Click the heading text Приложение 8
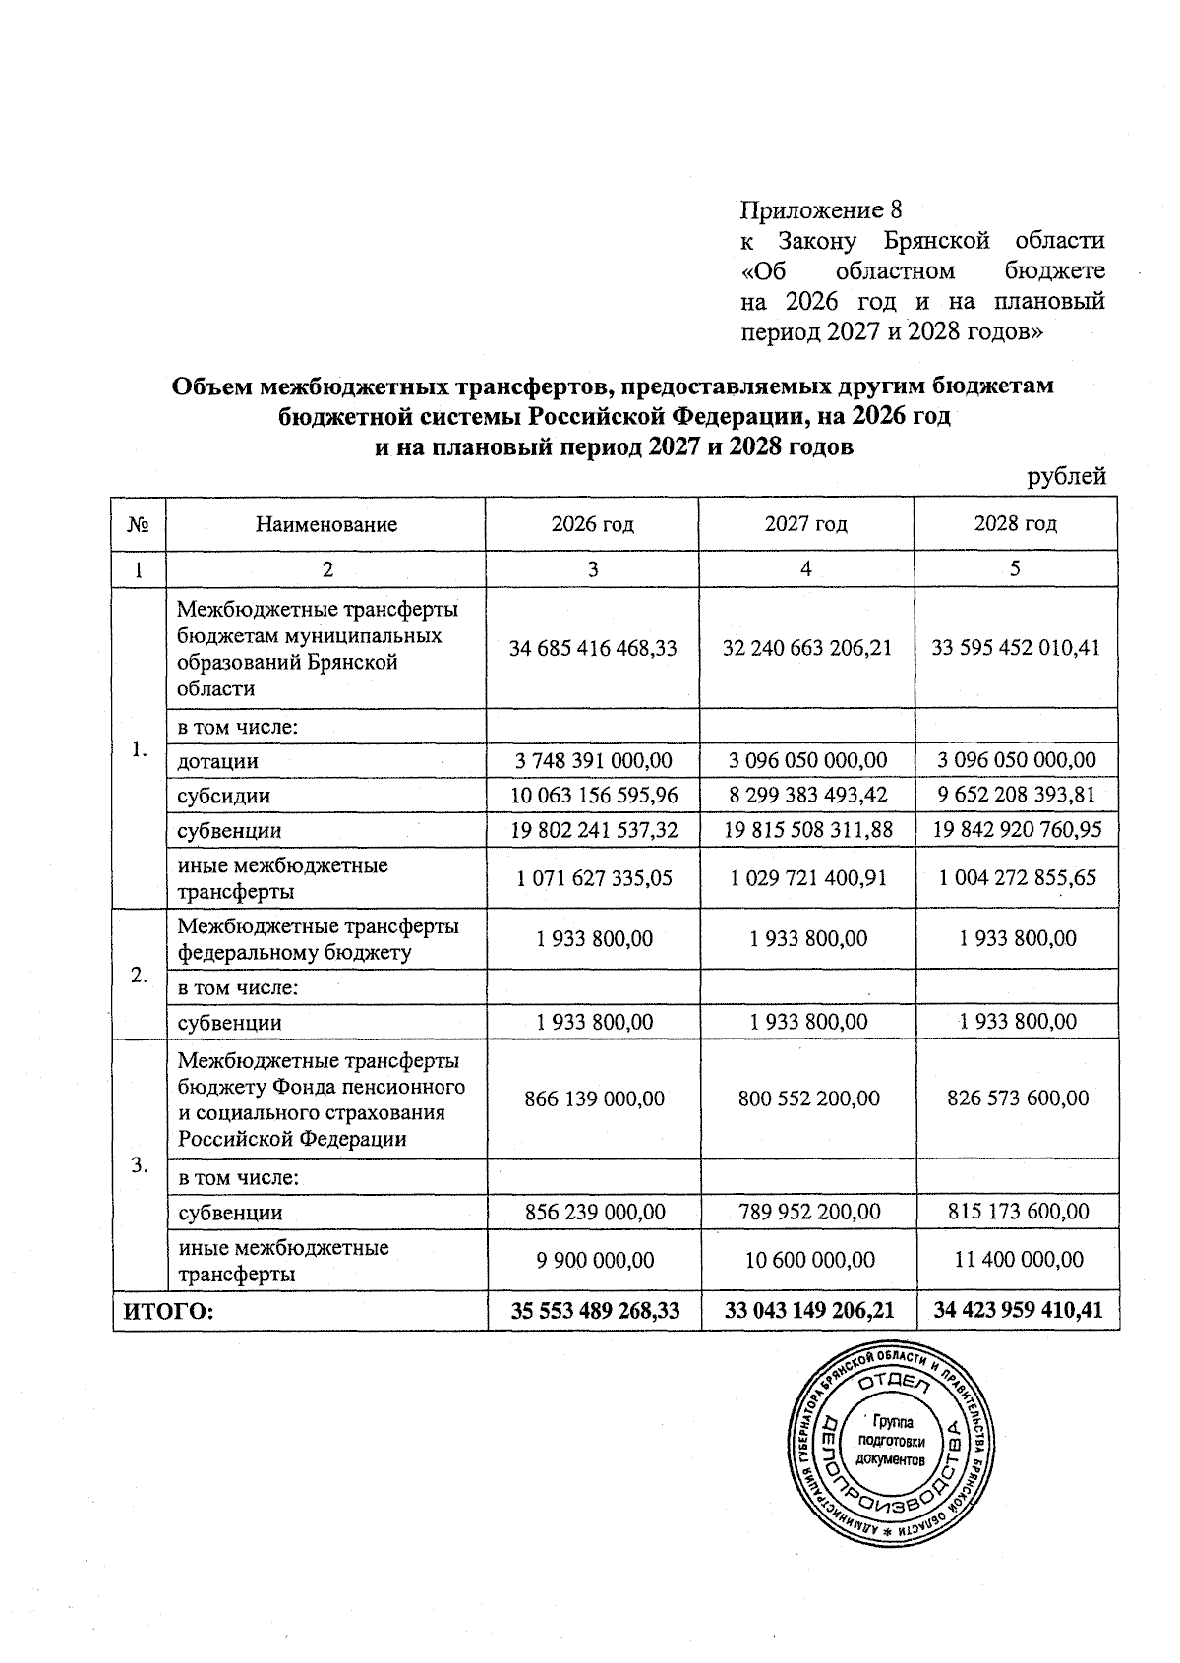coord(820,210)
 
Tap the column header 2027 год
coord(805,524)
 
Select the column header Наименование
coord(325,524)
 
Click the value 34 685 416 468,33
coord(593,648)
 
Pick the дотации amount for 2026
coord(593,760)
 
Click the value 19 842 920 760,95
coord(1017,830)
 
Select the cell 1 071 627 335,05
coord(594,878)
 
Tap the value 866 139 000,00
coord(594,1099)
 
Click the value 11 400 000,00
coord(1017,1260)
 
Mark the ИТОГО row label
coord(167,1311)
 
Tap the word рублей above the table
coord(1066,477)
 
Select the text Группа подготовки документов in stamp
coord(891,1442)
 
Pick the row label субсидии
coord(223,796)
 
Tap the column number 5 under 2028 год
coord(1015,568)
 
